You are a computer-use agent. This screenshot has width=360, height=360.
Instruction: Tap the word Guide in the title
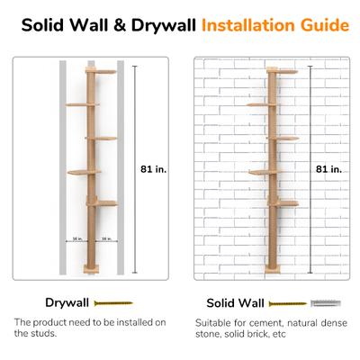325,25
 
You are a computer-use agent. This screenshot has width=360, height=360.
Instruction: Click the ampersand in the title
120,25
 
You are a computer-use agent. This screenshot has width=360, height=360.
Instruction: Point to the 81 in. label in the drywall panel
153,169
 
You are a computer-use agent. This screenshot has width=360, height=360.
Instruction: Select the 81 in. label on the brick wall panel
328,169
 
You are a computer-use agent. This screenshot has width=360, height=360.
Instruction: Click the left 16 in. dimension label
77,238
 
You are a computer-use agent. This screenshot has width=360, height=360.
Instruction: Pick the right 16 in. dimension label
106,238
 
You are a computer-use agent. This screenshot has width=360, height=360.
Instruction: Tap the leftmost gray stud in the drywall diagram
63,167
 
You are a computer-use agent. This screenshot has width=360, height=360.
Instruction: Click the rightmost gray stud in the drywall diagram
121,167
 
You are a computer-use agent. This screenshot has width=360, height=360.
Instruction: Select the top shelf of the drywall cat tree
101,71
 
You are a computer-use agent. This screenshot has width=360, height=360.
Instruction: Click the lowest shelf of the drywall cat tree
103,203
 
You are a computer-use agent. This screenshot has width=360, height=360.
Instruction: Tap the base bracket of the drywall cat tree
91,269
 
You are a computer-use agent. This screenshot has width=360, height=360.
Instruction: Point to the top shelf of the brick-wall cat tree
282,71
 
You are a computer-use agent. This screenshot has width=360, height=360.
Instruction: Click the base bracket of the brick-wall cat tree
273,269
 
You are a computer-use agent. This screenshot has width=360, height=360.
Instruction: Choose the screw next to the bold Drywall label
113,303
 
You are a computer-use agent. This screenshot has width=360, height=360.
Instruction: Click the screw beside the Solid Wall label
288,304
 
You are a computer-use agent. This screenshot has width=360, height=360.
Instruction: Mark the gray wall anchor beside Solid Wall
326,303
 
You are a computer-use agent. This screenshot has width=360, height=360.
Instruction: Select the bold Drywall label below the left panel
67,302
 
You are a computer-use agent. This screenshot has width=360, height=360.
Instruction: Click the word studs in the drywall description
43,333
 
